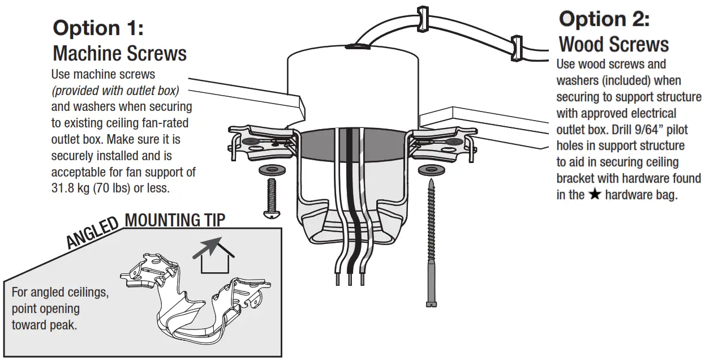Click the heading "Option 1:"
(98, 28)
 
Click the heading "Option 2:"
(604, 19)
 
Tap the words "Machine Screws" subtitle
(119, 53)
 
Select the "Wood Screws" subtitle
(613, 44)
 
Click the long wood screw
(432, 243)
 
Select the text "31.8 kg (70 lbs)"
(91, 188)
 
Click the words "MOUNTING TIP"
(174, 220)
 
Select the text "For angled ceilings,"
(59, 294)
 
